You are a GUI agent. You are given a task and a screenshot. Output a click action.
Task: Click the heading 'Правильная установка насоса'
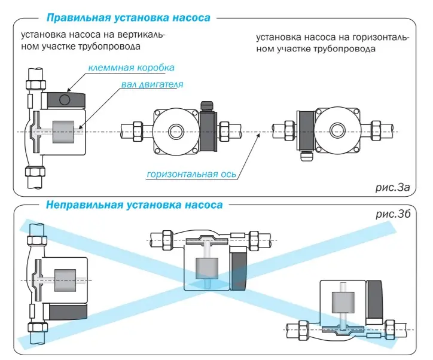pyautogui.click(x=129, y=17)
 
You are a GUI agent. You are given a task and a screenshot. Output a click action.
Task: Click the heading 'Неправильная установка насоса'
pyautogui.click(x=134, y=205)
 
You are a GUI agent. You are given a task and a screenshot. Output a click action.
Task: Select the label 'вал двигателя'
pyautogui.click(x=152, y=85)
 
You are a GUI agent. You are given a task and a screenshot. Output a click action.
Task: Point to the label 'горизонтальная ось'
pyautogui.click(x=191, y=174)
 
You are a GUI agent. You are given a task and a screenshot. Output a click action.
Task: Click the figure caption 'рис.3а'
pyautogui.click(x=392, y=187)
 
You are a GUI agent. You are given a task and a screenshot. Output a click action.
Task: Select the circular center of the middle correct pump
pyautogui.click(x=176, y=131)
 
